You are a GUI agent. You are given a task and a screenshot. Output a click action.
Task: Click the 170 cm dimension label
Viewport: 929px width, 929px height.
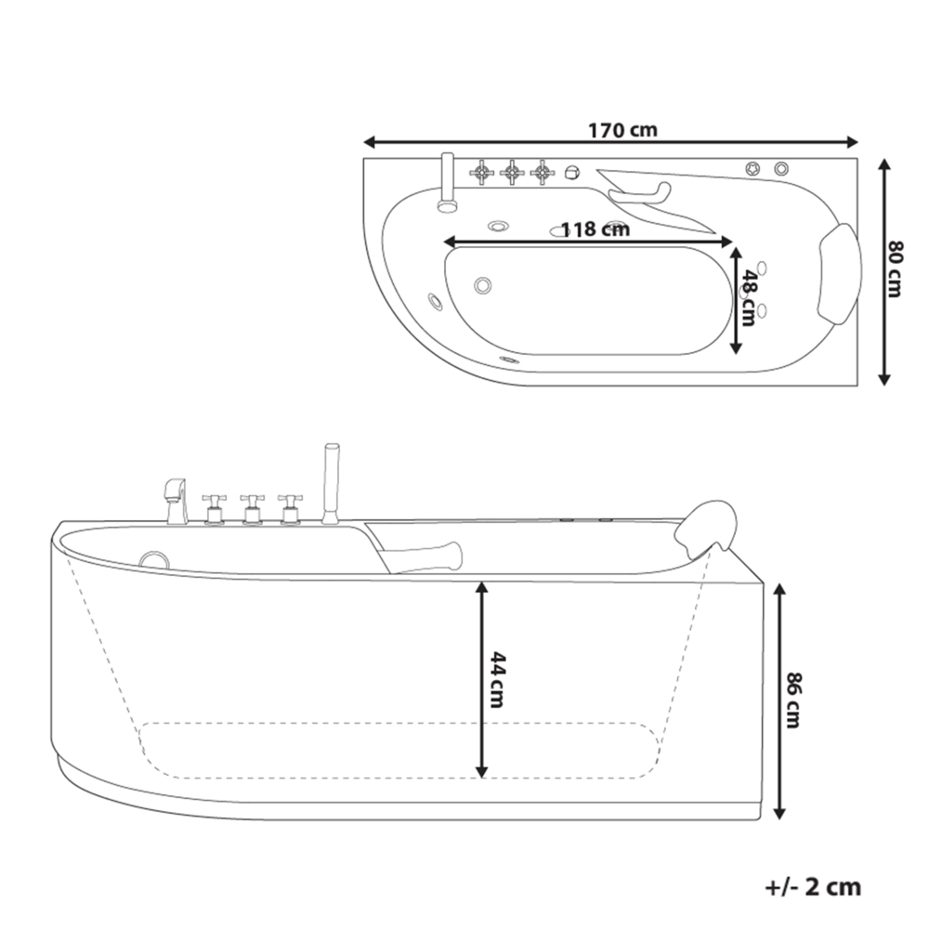coord(622,130)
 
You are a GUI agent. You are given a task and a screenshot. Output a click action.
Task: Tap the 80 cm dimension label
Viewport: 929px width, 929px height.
coord(895,269)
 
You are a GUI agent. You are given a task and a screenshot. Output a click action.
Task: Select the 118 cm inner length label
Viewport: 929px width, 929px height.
coord(595,229)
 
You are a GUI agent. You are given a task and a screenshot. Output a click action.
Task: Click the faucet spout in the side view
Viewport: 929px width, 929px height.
coord(176,500)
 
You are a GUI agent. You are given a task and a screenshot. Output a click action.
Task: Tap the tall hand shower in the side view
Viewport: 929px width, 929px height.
coord(328,483)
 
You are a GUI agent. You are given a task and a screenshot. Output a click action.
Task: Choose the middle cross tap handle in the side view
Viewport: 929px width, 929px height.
coord(252,507)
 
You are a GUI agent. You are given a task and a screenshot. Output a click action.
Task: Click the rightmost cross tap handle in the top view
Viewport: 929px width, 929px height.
coord(543,172)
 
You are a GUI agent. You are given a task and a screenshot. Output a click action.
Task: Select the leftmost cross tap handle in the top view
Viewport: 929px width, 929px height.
coord(481,172)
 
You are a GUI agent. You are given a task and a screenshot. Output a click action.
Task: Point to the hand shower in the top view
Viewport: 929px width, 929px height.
coord(446,181)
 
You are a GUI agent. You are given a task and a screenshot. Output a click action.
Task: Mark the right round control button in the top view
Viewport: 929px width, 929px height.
coord(781,168)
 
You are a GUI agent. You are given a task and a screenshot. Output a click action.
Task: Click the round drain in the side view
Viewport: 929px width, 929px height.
coord(153,559)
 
